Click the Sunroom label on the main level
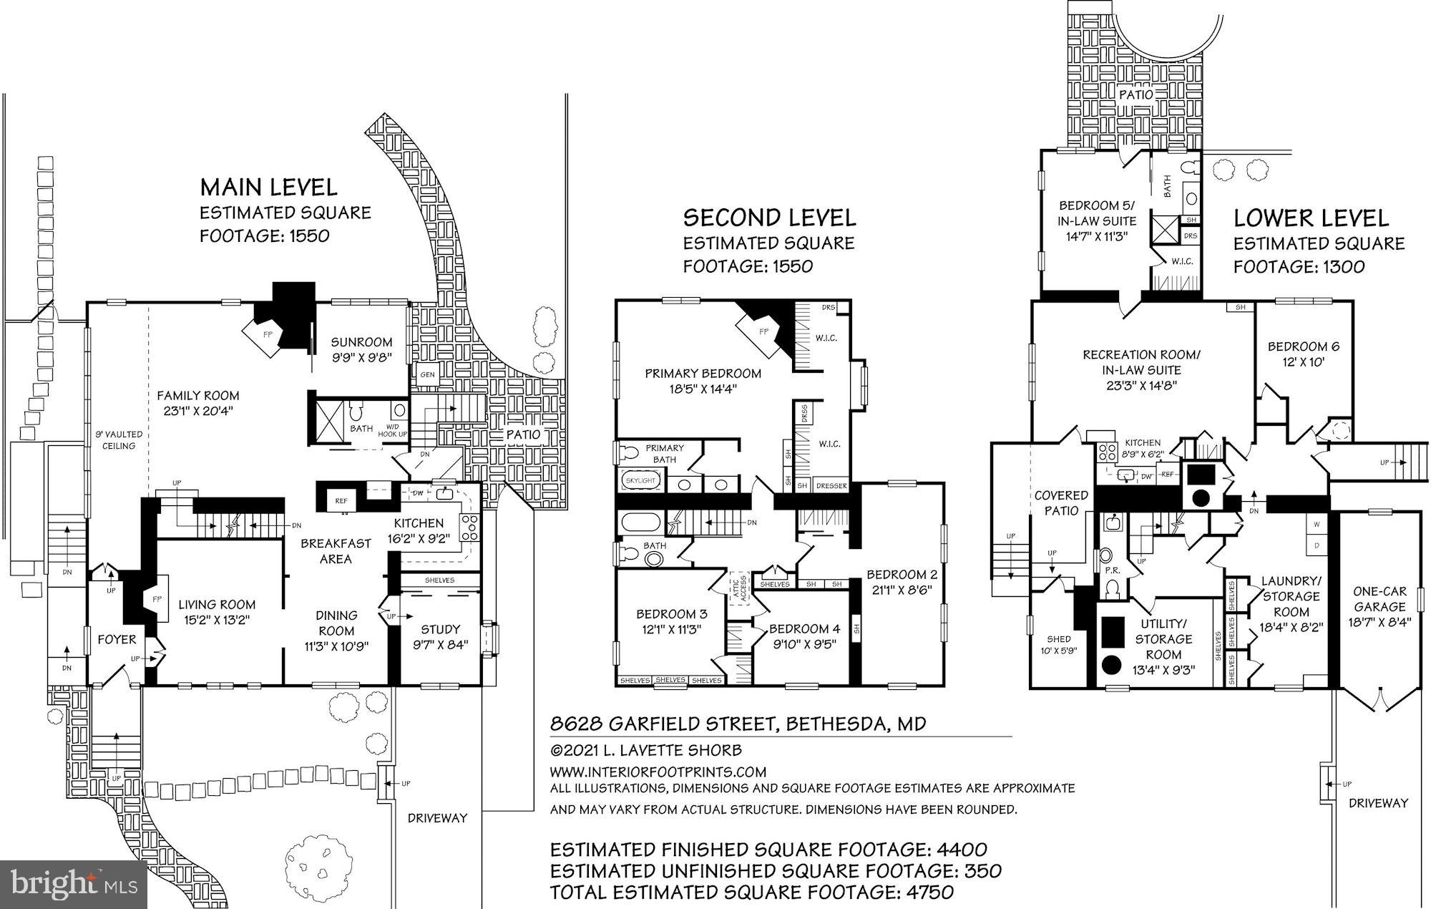pyautogui.click(x=361, y=342)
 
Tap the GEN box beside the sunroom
pyautogui.click(x=427, y=375)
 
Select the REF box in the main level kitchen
pyautogui.click(x=341, y=501)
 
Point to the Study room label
pyautogui.click(x=440, y=629)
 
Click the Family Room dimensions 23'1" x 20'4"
pyautogui.click(x=198, y=411)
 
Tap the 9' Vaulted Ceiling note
pyautogui.click(x=119, y=439)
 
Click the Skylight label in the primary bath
pyautogui.click(x=640, y=481)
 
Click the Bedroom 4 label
pyautogui.click(x=804, y=629)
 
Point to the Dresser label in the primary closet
pyautogui.click(x=831, y=486)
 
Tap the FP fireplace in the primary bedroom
pyautogui.click(x=763, y=331)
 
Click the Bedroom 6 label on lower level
pyautogui.click(x=1304, y=347)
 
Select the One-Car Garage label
pyautogui.click(x=1379, y=599)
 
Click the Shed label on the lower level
pyautogui.click(x=1059, y=639)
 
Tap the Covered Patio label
pyautogui.click(x=1061, y=502)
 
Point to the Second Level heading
pyautogui.click(x=769, y=218)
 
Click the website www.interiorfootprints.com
pyautogui.click(x=658, y=772)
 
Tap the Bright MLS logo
pyautogui.click(x=74, y=883)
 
